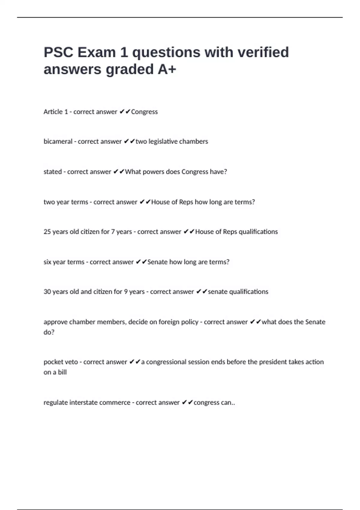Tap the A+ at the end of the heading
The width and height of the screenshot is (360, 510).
pyautogui.click(x=167, y=69)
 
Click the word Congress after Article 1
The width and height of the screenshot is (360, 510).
pyautogui.click(x=144, y=112)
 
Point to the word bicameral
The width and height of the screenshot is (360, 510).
pyautogui.click(x=58, y=142)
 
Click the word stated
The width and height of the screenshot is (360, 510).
pyautogui.click(x=52, y=172)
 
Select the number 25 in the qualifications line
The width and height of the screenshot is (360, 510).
pyautogui.click(x=47, y=232)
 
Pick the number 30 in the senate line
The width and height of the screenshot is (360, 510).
pyautogui.click(x=47, y=292)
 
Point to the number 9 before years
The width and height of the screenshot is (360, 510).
pyautogui.click(x=126, y=292)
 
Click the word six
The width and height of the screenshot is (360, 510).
pyautogui.click(x=47, y=262)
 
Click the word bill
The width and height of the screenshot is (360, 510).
pyautogui.click(x=62, y=372)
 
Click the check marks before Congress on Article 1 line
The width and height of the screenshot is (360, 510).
pyautogui.click(x=125, y=112)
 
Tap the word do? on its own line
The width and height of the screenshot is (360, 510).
pyautogui.click(x=49, y=332)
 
